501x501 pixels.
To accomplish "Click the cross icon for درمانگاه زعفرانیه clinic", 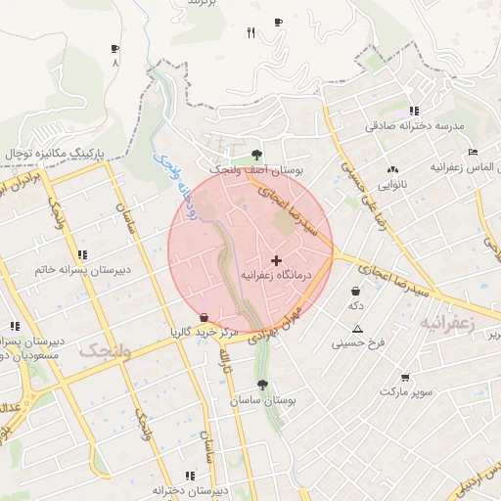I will pyautogui.click(x=276, y=260).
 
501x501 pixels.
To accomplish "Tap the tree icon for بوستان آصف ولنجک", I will pyautogui.click(x=256, y=155).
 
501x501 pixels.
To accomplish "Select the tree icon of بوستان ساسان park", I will pyautogui.click(x=262, y=386).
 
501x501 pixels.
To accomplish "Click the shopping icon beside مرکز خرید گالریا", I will pyautogui.click(x=204, y=317).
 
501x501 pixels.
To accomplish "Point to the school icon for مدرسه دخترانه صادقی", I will pyautogui.click(x=415, y=111).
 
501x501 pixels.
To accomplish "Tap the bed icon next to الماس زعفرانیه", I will pyautogui.click(x=473, y=152).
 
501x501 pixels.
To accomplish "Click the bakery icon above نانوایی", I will pyautogui.click(x=393, y=168).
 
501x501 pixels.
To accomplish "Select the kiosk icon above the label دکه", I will pyautogui.click(x=354, y=291).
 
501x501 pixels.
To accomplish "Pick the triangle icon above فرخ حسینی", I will pyautogui.click(x=358, y=329).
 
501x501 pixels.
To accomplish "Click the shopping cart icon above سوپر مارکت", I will pyautogui.click(x=405, y=377).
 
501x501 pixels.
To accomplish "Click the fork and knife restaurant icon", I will pyautogui.click(x=250, y=33).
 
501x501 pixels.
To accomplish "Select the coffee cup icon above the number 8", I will pyautogui.click(x=114, y=48).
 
